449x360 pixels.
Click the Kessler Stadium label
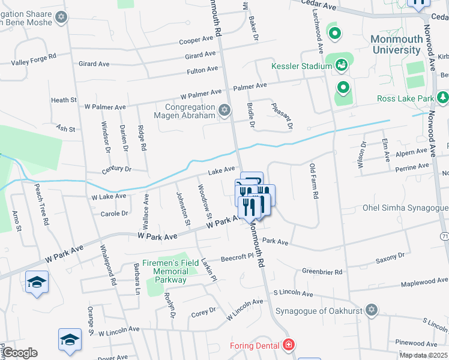[x=301, y=65]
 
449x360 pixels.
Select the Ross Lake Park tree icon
[x=442, y=97]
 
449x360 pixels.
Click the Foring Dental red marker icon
[x=289, y=345]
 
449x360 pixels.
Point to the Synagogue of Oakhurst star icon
[x=372, y=310]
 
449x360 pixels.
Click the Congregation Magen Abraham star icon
[x=224, y=109]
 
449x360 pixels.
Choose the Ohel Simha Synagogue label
[x=405, y=208]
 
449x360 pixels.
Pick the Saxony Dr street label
[x=390, y=257]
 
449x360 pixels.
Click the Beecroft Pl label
[x=238, y=256]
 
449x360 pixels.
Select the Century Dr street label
[x=116, y=170]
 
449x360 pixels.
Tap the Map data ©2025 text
[x=424, y=355]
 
